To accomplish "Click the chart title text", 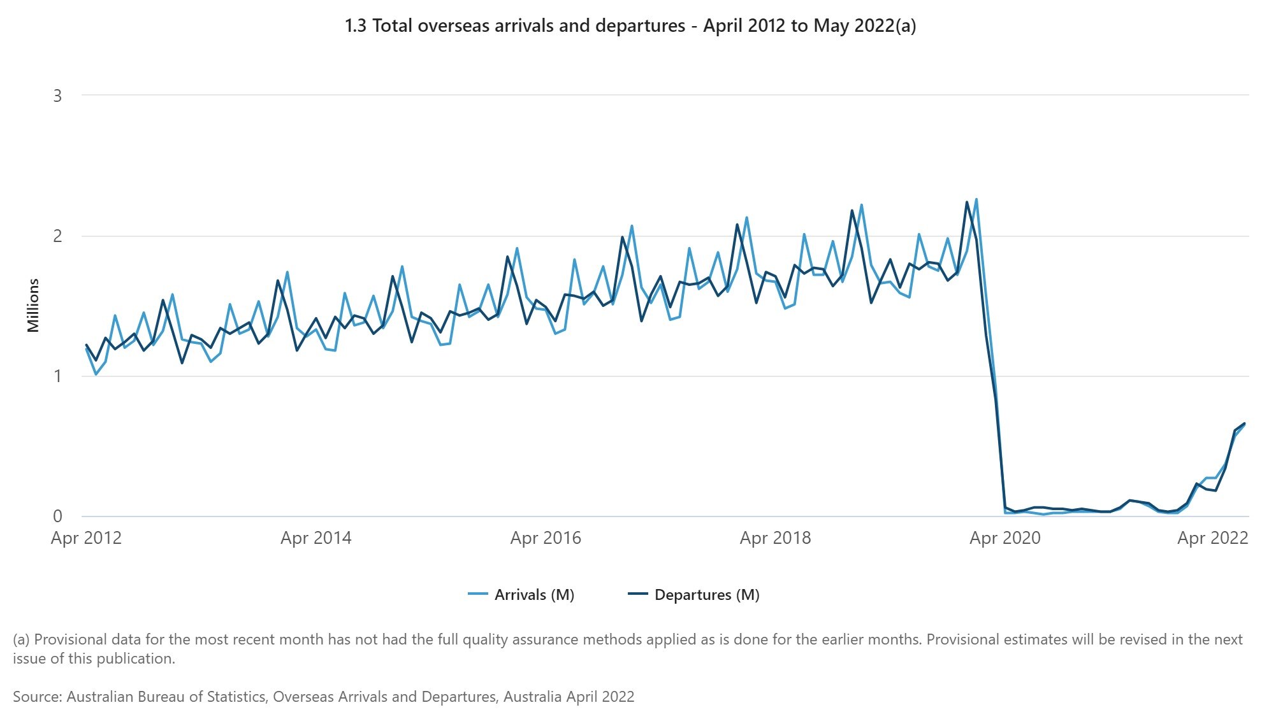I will point(630,26).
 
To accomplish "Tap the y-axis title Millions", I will point(33,306).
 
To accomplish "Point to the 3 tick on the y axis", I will point(58,96).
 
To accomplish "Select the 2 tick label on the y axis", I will point(58,236).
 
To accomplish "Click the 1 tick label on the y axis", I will point(58,376).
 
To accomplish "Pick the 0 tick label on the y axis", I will point(58,516).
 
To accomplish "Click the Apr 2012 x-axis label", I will point(86,538).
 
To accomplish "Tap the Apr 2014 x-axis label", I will point(316,538).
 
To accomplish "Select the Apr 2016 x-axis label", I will point(546,538).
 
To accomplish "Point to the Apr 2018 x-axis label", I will point(775,538).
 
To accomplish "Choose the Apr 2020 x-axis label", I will point(1005,538).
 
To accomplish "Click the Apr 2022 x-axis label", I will point(1212,538).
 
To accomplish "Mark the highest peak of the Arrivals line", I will point(976,199).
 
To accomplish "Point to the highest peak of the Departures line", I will point(967,203).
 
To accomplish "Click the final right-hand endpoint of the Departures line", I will point(1244,423).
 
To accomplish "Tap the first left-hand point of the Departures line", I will point(86,345).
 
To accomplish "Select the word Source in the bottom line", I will point(37,697).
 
